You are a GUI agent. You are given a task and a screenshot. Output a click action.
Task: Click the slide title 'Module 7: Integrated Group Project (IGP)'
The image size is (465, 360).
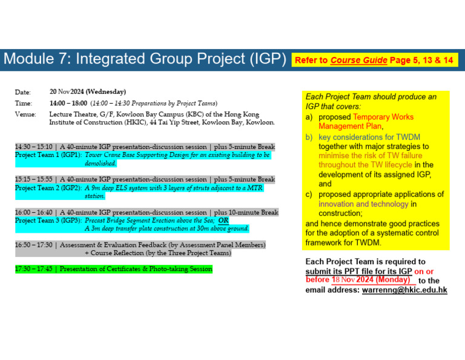click(145, 59)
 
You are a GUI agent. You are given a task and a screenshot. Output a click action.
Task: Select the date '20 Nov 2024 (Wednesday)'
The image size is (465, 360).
click(88, 92)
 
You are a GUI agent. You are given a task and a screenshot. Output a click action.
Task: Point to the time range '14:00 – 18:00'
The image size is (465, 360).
click(68, 103)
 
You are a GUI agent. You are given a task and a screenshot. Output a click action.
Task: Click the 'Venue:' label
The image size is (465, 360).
click(25, 115)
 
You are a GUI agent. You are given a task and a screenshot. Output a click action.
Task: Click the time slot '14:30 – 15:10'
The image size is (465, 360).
click(35, 147)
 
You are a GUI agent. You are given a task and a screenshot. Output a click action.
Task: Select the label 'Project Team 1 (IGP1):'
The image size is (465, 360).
click(48, 155)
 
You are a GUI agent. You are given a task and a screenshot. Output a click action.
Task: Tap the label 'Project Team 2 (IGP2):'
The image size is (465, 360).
click(48, 188)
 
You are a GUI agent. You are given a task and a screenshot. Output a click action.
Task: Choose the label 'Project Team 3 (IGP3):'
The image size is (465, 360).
click(48, 221)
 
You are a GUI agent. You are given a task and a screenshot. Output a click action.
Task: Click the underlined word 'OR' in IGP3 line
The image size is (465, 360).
click(223, 221)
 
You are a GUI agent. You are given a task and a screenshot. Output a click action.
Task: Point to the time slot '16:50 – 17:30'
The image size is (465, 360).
click(35, 245)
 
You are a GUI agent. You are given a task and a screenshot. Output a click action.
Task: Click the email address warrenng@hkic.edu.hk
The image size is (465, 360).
click(404, 290)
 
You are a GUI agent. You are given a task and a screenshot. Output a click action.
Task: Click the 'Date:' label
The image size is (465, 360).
click(22, 92)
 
